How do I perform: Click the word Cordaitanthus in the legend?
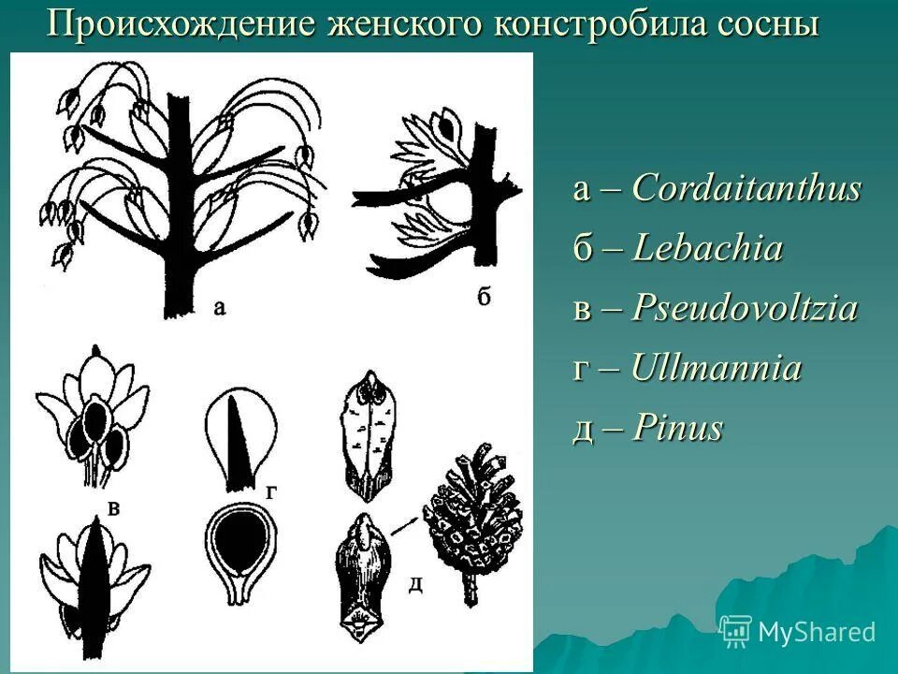tap(746, 189)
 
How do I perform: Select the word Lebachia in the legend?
tap(707, 249)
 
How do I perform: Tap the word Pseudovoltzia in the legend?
tap(745, 309)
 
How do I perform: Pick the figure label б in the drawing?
tap(483, 298)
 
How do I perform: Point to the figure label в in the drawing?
tap(113, 508)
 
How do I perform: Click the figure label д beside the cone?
tap(415, 585)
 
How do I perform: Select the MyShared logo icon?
tap(735, 631)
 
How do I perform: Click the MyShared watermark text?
tap(817, 632)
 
